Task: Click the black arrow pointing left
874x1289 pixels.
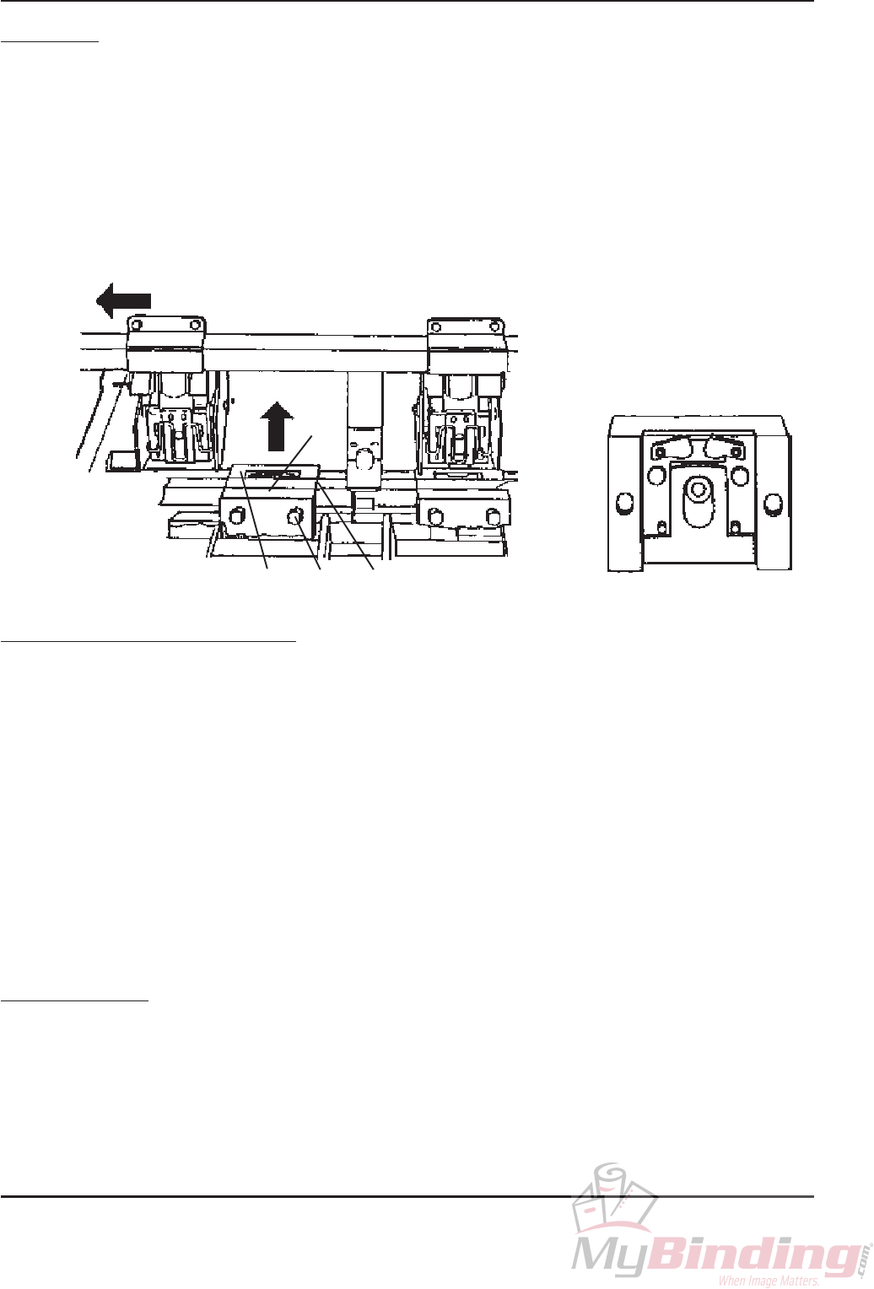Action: (x=122, y=300)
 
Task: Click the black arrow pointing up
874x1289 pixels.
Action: (x=276, y=426)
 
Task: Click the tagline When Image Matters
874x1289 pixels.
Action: (x=768, y=1281)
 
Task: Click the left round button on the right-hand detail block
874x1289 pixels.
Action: (x=624, y=503)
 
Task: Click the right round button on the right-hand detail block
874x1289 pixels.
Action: (x=770, y=503)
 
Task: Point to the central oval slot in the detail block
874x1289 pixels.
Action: (x=698, y=501)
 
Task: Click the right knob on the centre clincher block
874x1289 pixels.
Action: (x=296, y=517)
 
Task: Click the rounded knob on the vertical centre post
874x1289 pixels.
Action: (x=364, y=461)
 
